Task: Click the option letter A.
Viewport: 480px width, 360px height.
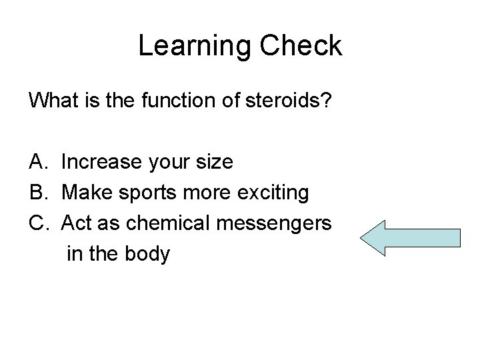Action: click(x=37, y=162)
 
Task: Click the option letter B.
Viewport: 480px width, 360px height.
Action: click(x=37, y=193)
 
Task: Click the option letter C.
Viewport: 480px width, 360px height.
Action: click(x=37, y=223)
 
